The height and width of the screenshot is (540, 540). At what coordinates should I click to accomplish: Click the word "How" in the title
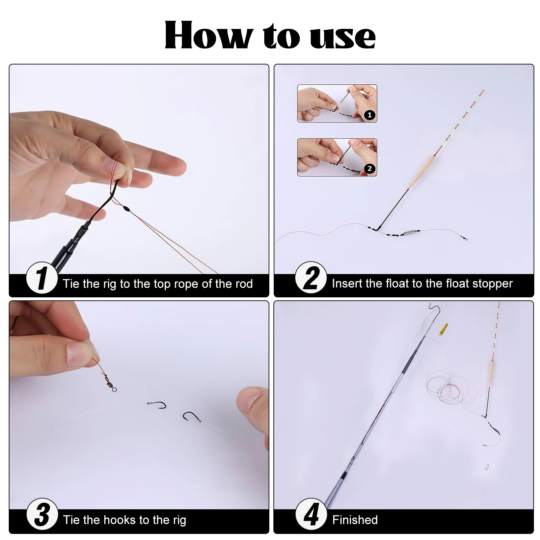point(209,35)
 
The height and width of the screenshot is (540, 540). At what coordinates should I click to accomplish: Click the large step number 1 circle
point(42,278)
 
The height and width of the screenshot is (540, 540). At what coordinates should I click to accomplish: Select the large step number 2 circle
point(311,277)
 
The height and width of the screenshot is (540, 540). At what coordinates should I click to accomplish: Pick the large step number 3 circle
point(42,514)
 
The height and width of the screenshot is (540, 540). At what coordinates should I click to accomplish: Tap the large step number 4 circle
point(311,514)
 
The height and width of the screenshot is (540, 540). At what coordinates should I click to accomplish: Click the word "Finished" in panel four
point(355,520)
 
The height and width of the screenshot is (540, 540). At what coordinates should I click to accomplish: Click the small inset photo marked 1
point(337,104)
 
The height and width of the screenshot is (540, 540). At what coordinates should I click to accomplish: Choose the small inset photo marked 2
point(337,157)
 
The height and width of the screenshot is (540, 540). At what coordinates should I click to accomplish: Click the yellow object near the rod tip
point(443,329)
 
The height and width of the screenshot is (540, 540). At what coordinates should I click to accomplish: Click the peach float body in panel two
point(422,172)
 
